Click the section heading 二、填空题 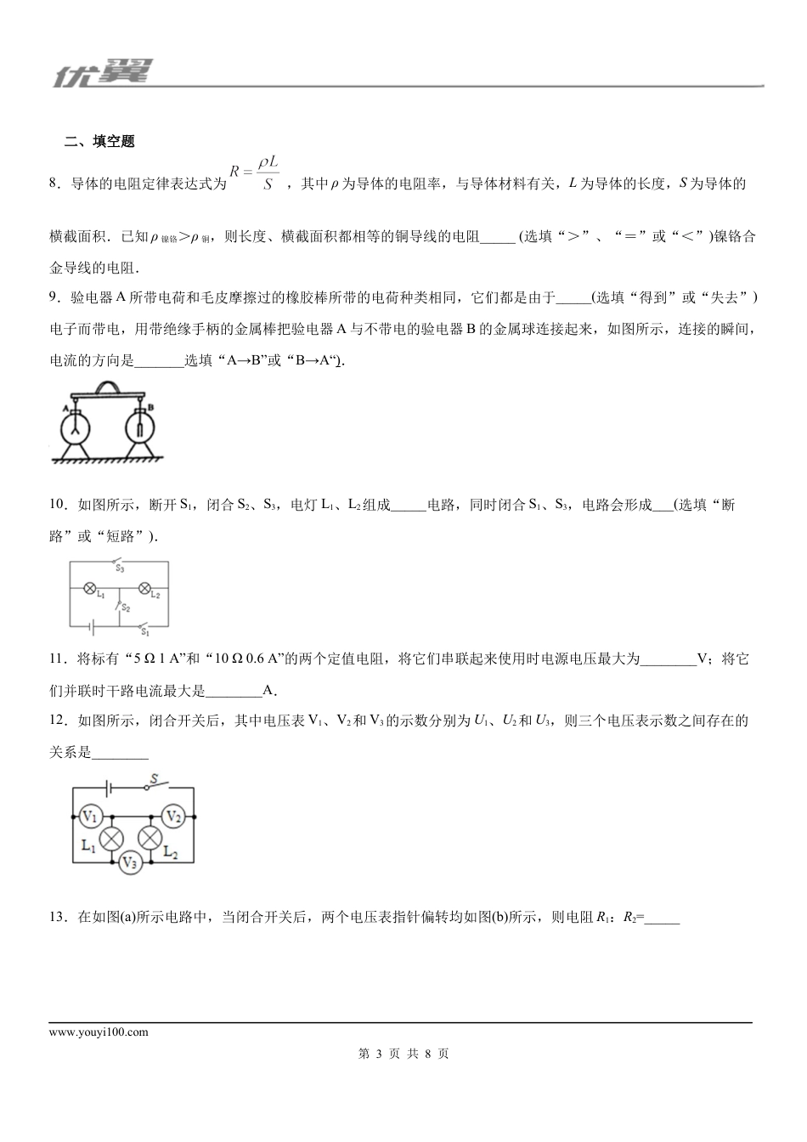click(99, 142)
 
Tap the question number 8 click(55, 184)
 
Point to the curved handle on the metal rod click(108, 387)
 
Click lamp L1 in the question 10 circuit click(88, 587)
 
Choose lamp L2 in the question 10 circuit click(144, 587)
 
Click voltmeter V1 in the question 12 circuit click(90, 817)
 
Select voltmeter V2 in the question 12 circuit click(173, 817)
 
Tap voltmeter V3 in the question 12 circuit click(130, 862)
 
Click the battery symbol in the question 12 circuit click(108, 787)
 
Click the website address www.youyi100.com click(99, 1032)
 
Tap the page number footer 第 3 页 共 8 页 click(403, 1054)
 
